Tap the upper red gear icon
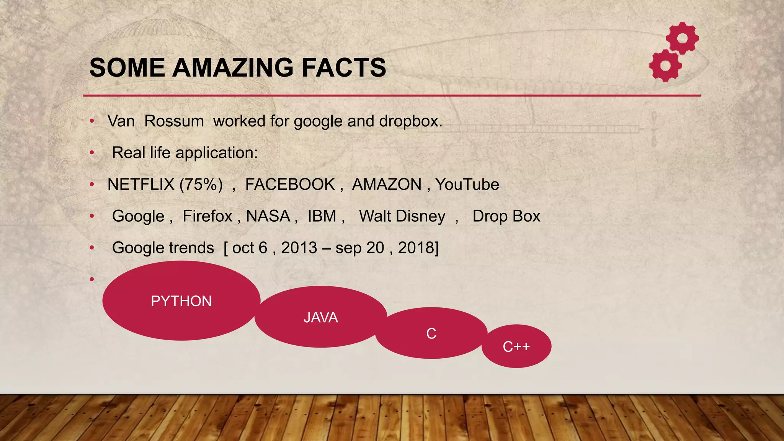(x=683, y=38)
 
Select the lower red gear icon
(x=666, y=65)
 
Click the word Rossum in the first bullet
(x=174, y=121)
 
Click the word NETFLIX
(x=141, y=185)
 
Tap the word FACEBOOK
(x=290, y=185)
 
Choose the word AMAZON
(x=387, y=185)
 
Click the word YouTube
(x=467, y=185)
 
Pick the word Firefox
(x=207, y=216)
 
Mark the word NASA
(x=268, y=216)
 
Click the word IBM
(x=322, y=216)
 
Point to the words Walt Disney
(x=402, y=216)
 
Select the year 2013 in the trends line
(x=299, y=248)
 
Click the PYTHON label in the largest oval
(x=181, y=301)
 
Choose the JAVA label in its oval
(x=321, y=318)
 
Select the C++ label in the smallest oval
(x=516, y=347)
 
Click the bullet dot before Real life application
(x=92, y=153)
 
